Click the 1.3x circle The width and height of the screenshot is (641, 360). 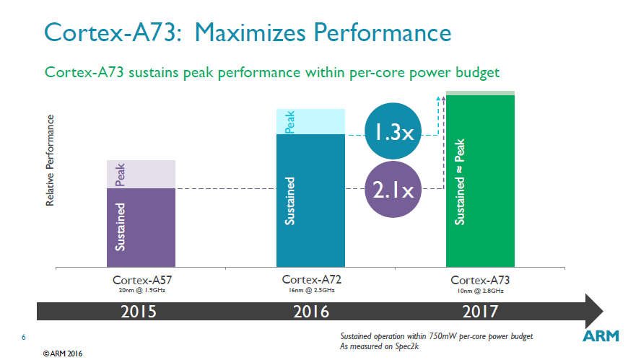coord(392,132)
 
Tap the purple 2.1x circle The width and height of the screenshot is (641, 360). coord(392,190)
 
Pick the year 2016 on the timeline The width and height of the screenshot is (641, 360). coord(311,312)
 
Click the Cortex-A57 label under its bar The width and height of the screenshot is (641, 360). coord(141,279)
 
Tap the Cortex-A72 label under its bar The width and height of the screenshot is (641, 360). coord(311,279)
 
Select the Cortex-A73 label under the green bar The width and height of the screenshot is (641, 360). coord(480,279)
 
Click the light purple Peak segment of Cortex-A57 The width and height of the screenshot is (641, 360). coord(141,174)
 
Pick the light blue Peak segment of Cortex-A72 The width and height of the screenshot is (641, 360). coord(311,121)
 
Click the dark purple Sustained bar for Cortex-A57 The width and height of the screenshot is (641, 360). coord(141,227)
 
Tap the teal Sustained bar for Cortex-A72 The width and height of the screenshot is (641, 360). coord(311,201)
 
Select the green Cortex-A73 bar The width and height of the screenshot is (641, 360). coord(480,180)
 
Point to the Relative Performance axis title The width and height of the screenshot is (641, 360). coord(51,159)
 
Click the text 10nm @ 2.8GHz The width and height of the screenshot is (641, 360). coord(480,290)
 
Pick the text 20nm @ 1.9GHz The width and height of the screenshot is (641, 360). coord(141,290)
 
